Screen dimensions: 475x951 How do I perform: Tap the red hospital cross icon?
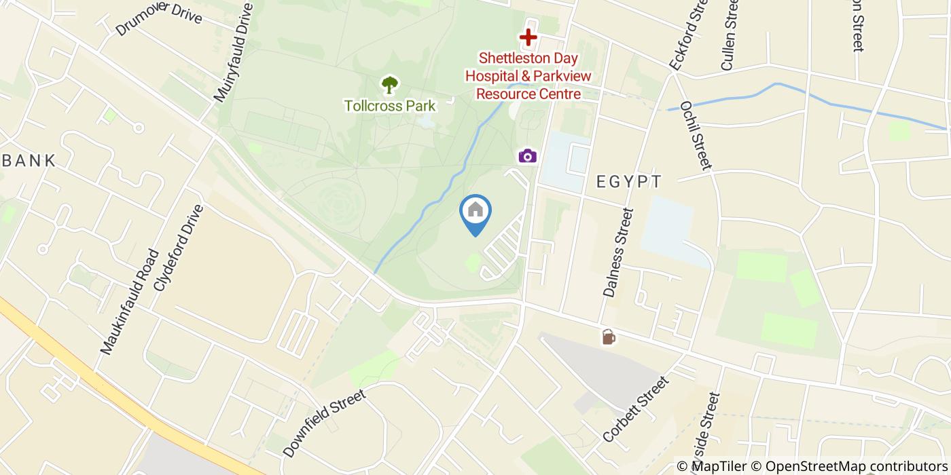coord(528,38)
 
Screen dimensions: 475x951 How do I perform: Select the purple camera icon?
coord(528,156)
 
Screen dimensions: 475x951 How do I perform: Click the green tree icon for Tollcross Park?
coord(389,85)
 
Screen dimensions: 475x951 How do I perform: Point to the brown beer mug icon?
coord(609,337)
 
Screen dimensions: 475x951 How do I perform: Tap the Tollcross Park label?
coord(389,106)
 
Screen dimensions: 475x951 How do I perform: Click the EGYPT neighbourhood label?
coord(629,182)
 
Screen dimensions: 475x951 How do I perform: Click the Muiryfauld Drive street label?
coord(234,53)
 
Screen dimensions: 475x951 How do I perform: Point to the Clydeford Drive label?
coord(179,248)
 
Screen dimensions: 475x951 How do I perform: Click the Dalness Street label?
coord(617,252)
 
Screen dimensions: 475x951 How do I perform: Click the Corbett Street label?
coord(636,409)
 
